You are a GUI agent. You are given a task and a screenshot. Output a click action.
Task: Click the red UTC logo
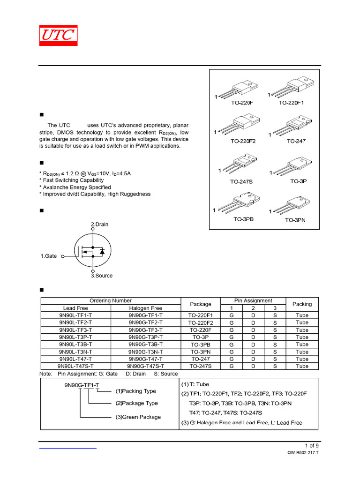click(58, 36)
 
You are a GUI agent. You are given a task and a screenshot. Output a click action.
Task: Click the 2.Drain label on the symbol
click(99, 225)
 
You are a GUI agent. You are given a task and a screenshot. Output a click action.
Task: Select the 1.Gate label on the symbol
click(49, 256)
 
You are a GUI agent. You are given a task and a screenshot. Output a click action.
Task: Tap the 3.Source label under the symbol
click(102, 276)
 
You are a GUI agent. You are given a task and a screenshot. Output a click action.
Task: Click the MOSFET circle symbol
click(93, 250)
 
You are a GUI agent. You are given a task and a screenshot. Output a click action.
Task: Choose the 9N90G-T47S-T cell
click(145, 366)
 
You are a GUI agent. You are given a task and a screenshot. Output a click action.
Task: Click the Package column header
click(200, 304)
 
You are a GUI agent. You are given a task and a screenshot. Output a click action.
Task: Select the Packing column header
click(302, 304)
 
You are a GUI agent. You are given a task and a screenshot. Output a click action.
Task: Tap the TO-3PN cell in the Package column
click(200, 352)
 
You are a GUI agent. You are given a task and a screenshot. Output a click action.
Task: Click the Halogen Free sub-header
click(145, 308)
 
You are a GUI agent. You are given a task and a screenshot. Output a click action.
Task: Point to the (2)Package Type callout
click(136, 403)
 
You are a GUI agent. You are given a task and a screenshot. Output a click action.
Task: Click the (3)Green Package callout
click(138, 417)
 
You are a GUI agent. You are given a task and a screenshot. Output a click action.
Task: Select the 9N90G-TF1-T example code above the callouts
click(82, 385)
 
